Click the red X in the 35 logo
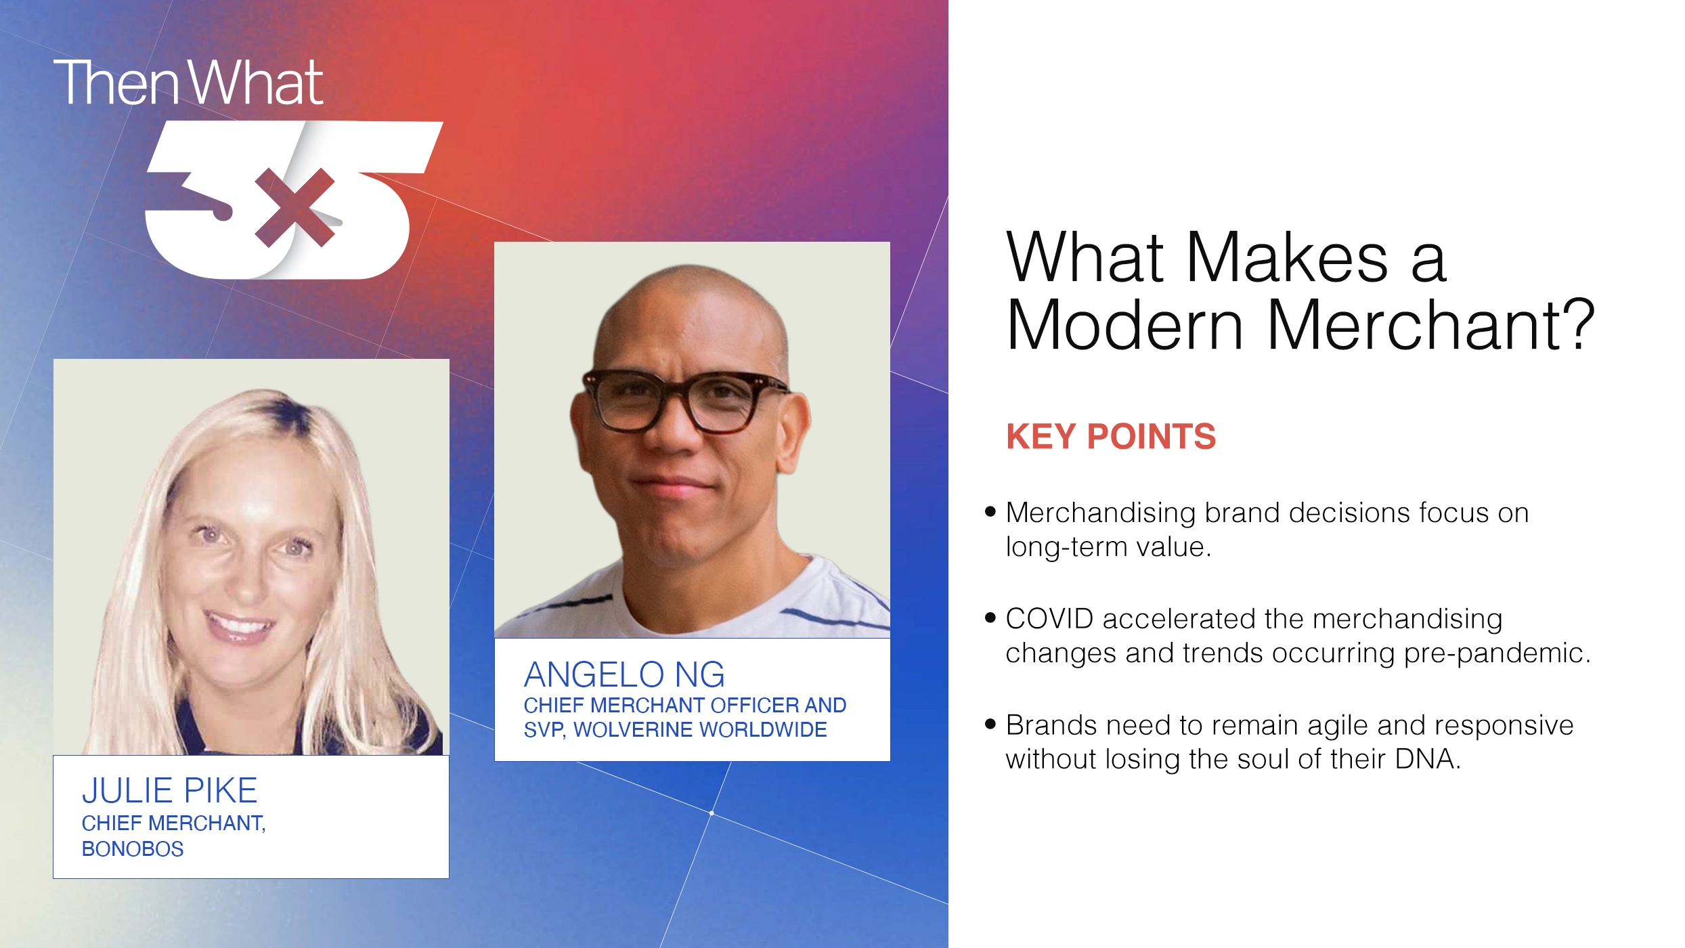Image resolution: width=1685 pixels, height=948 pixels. coord(295,208)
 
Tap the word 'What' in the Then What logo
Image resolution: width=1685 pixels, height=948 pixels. coord(255,83)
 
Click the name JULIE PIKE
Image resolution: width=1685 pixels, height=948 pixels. coord(169,790)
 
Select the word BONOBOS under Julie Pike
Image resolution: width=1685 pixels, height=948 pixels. coord(133,848)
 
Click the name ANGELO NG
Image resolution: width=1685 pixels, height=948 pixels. coord(624,674)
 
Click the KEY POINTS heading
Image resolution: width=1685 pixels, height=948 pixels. coord(1111,437)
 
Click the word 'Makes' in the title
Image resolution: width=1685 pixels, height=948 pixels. coord(1287,258)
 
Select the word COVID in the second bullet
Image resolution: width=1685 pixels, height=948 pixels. coord(1049,619)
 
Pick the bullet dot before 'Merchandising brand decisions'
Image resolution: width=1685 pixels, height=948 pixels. coord(990,512)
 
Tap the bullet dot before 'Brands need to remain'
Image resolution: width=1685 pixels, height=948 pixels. coord(990,725)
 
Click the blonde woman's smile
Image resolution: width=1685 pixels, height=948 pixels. coord(238,623)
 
